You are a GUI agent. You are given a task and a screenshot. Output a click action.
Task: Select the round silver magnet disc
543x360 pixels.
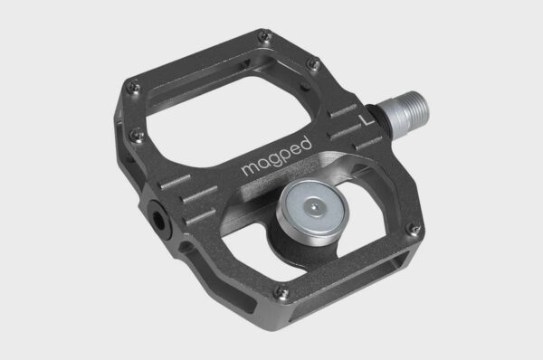[310, 211]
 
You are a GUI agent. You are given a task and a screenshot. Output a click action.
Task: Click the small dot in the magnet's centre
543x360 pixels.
[311, 207]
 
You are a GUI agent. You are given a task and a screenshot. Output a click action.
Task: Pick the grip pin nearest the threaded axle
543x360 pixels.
[312, 63]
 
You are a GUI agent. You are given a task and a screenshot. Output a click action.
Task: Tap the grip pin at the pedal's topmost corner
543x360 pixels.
[262, 38]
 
